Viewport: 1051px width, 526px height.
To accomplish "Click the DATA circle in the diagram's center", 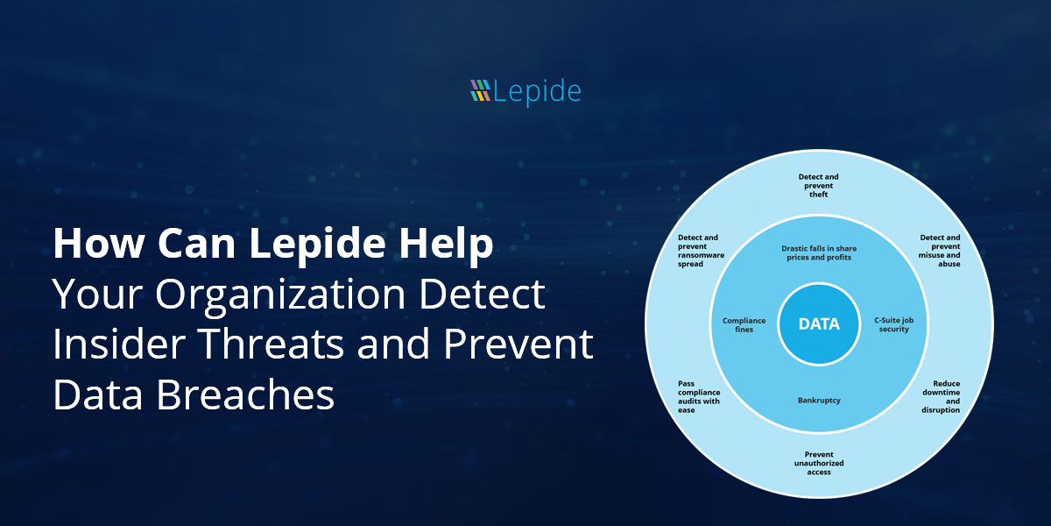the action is [x=819, y=324].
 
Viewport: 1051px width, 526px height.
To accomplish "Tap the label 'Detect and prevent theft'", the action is [x=818, y=186].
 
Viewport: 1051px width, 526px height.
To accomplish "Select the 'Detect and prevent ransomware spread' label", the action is [x=701, y=251].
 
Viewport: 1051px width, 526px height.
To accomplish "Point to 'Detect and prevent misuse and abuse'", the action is [x=939, y=251].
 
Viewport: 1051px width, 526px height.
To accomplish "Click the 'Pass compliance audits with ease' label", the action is [x=699, y=397].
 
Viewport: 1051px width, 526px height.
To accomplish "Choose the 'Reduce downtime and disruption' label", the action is [x=941, y=397].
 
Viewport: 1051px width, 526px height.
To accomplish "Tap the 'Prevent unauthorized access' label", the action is [x=819, y=463].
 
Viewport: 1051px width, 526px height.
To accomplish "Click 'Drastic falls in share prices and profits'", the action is [x=819, y=252].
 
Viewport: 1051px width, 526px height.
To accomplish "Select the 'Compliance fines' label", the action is [x=744, y=325].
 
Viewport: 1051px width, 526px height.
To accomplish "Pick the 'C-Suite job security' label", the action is [x=894, y=324].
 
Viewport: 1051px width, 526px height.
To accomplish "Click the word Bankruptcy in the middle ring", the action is [x=819, y=400].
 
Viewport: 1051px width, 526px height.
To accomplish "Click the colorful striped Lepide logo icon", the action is [x=480, y=90].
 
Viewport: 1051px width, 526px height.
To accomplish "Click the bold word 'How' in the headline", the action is [x=98, y=243].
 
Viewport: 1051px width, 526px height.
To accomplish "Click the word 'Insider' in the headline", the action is [x=120, y=344].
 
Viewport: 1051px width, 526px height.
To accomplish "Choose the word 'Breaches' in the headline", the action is [x=245, y=394].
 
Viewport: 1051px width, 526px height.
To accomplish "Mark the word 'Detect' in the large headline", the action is [x=483, y=294].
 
